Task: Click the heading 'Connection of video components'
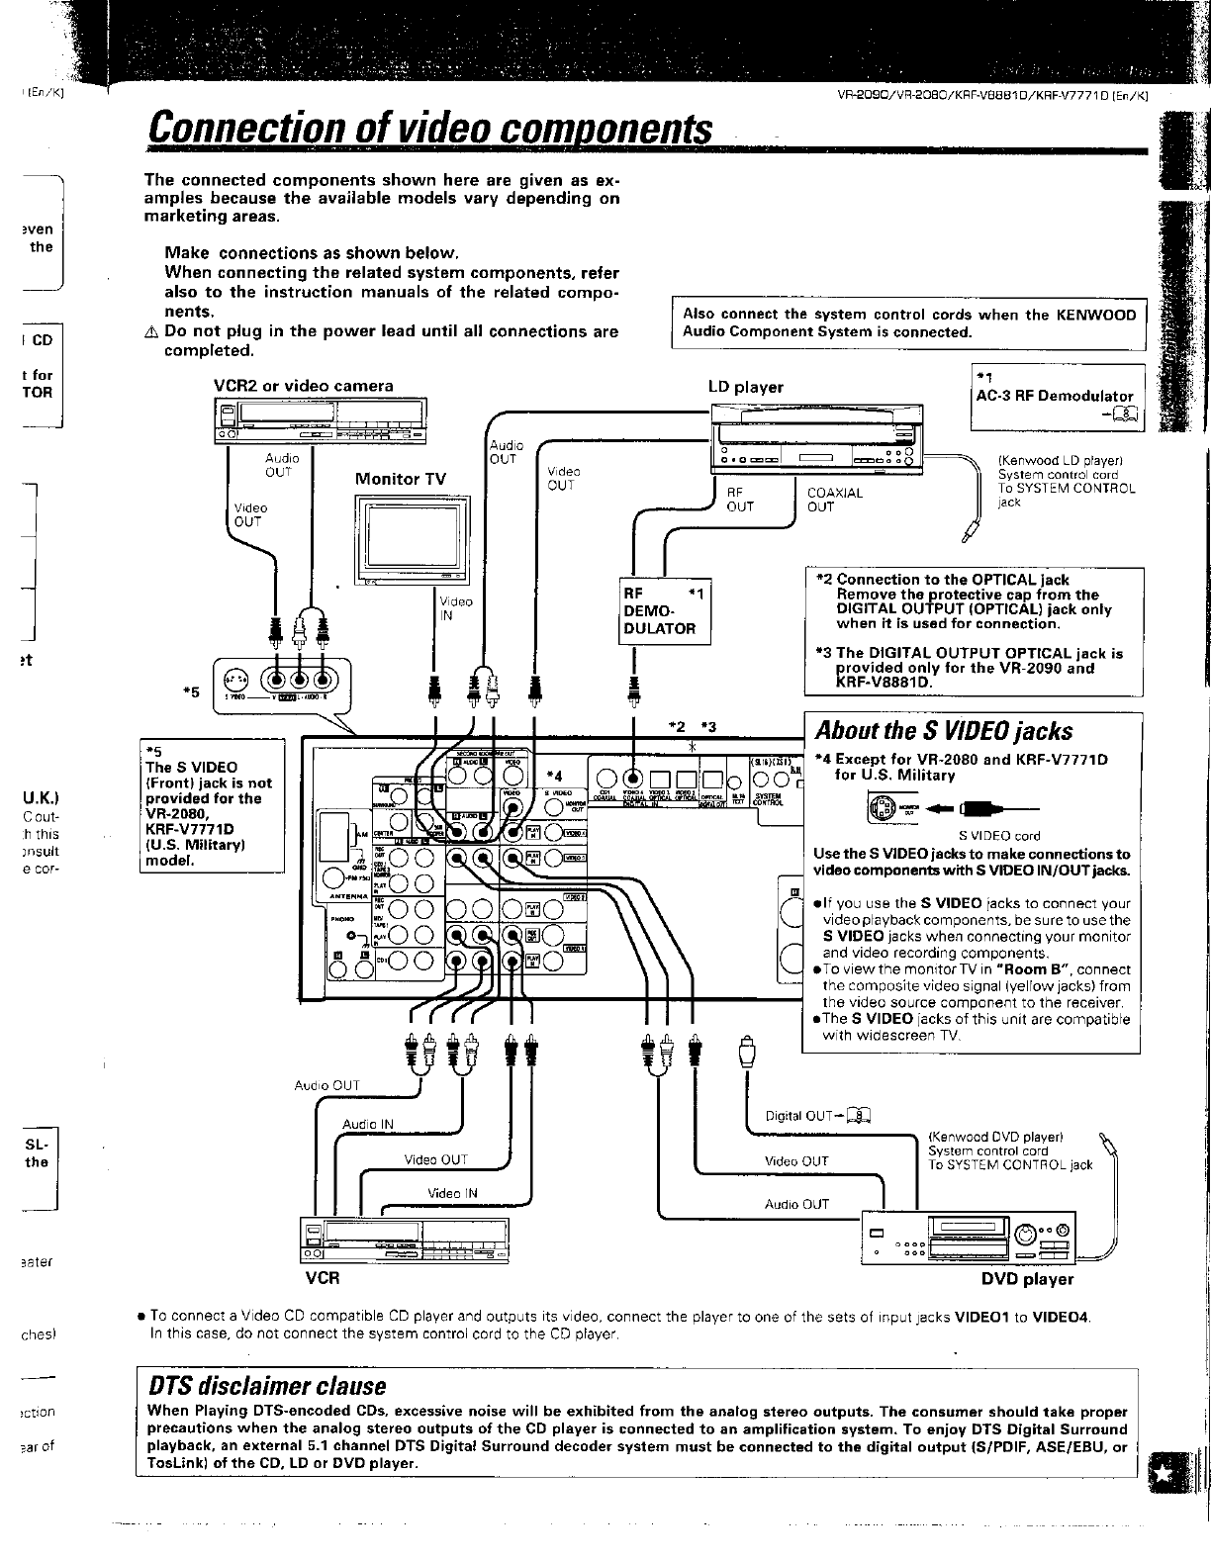point(427,129)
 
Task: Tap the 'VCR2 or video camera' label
point(303,386)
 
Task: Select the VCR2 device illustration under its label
point(320,420)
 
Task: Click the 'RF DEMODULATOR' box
point(664,611)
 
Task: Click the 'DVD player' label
point(1027,1279)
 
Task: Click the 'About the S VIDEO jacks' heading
point(943,731)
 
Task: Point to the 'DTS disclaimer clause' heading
point(265,1385)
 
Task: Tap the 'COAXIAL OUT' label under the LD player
point(834,500)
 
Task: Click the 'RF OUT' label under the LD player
point(740,500)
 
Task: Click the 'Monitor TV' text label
point(400,479)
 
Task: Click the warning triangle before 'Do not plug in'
point(150,332)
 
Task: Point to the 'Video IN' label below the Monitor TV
point(455,608)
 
